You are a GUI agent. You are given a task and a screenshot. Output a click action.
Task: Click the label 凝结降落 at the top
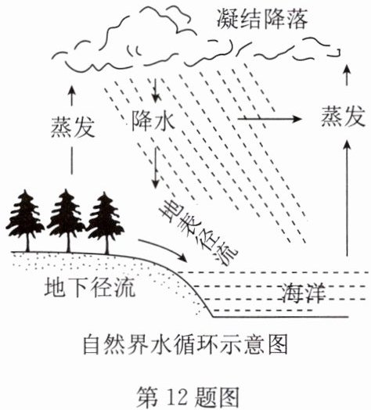pyautogui.click(x=262, y=19)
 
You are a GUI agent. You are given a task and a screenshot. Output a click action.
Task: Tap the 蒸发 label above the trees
pyautogui.click(x=73, y=127)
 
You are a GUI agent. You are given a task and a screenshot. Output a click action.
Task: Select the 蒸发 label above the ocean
pyautogui.click(x=343, y=116)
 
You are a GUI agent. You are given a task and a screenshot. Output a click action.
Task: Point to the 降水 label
pyautogui.click(x=153, y=120)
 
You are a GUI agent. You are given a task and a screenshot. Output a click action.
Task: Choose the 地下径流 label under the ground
pyautogui.click(x=90, y=287)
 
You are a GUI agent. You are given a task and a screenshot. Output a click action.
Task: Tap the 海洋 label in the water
pyautogui.click(x=304, y=293)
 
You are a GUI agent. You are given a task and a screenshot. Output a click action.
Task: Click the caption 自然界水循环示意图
pyautogui.click(x=185, y=344)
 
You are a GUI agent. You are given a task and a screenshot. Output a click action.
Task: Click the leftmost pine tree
pyautogui.click(x=26, y=221)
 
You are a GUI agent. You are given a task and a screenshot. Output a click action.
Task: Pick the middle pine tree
pyautogui.click(x=67, y=221)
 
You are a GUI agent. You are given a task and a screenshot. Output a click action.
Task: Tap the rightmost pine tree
pyautogui.click(x=106, y=223)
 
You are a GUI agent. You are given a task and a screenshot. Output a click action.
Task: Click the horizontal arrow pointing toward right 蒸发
pyautogui.click(x=269, y=119)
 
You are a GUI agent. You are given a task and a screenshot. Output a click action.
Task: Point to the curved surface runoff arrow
pyautogui.click(x=166, y=247)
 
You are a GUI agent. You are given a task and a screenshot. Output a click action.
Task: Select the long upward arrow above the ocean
pyautogui.click(x=347, y=198)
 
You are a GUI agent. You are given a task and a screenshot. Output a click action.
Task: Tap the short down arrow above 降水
pyautogui.click(x=156, y=90)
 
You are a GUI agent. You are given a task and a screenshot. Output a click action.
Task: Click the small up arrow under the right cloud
pyautogui.click(x=347, y=75)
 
